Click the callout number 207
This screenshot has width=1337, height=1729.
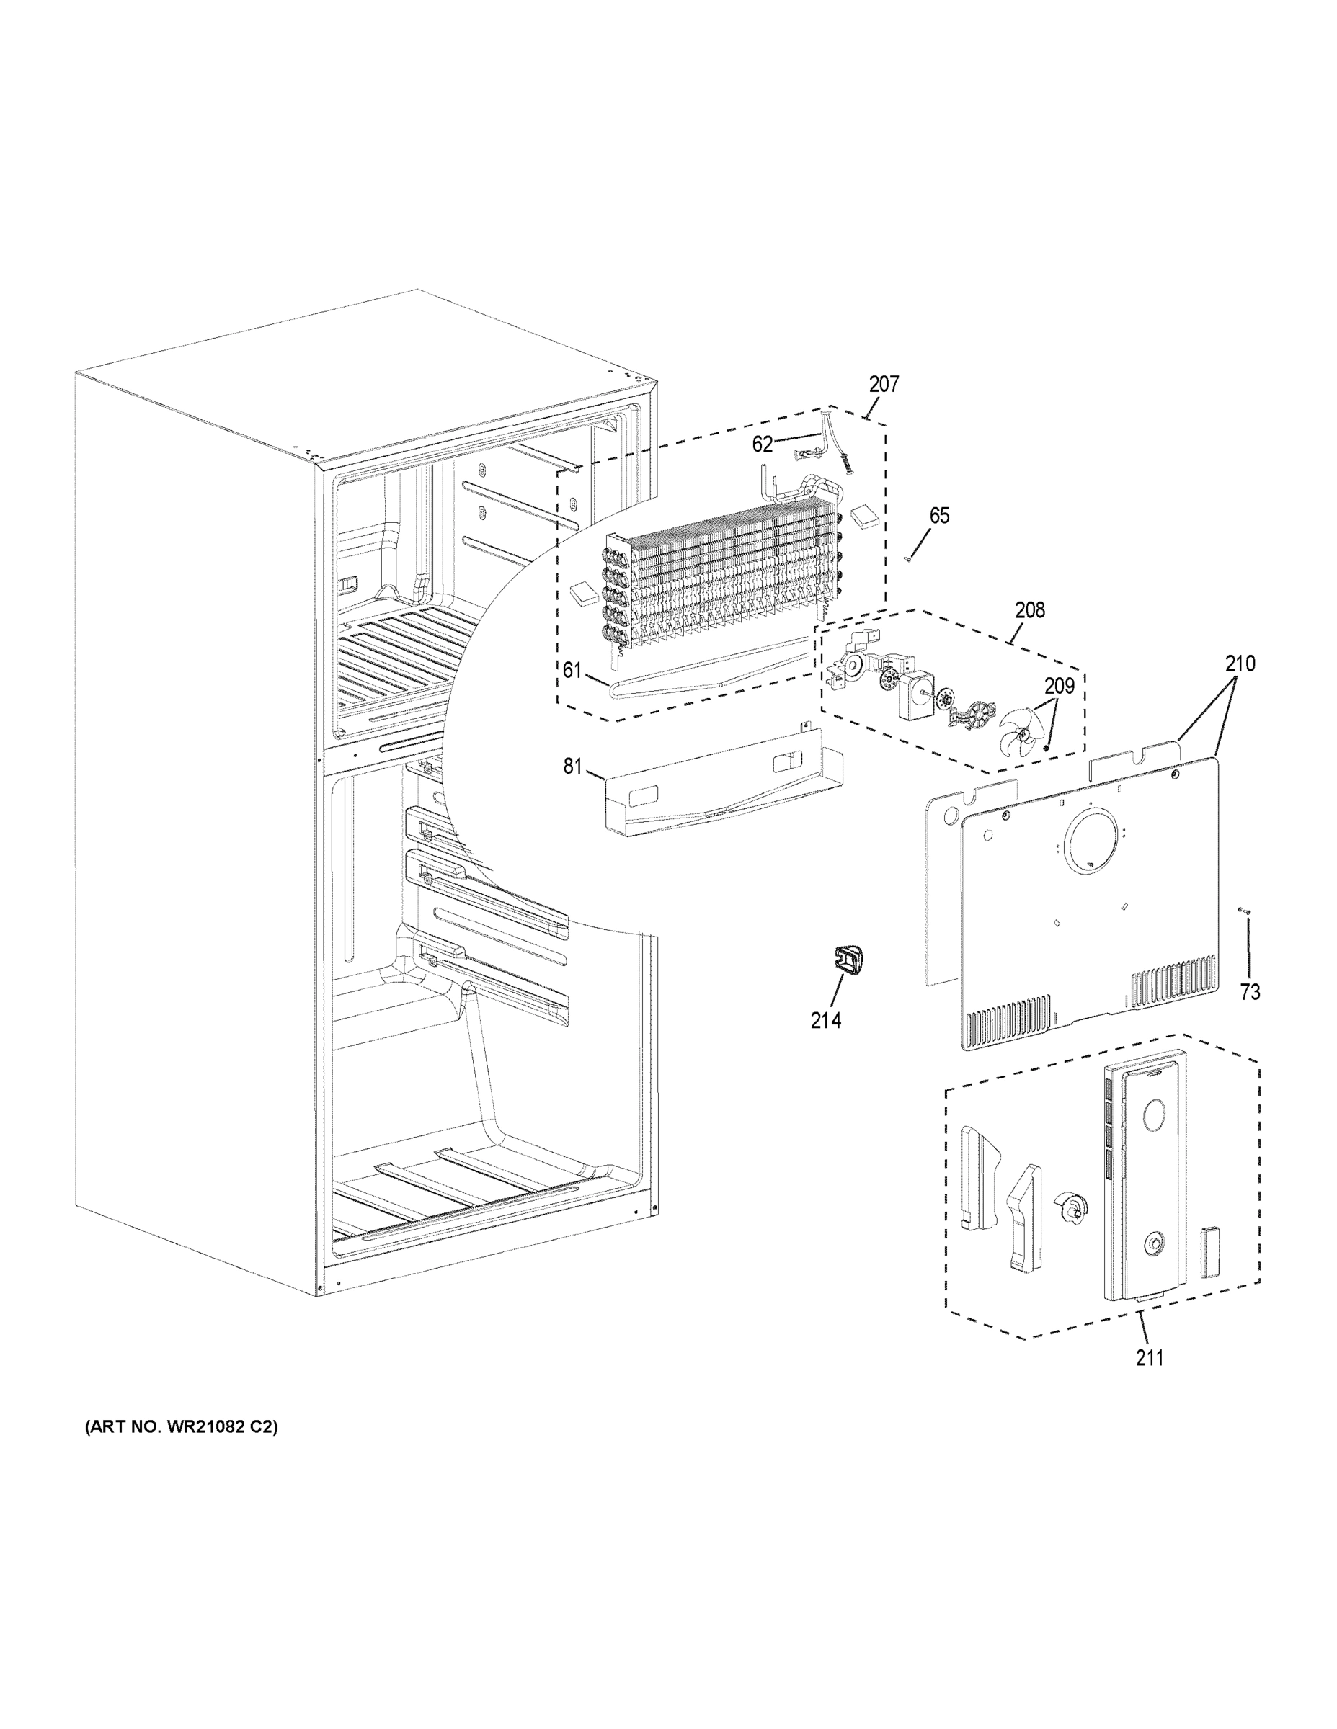[x=884, y=385]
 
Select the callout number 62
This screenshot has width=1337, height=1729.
[x=762, y=445]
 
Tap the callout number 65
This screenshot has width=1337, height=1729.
[x=938, y=516]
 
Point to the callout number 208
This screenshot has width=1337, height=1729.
[x=1030, y=610]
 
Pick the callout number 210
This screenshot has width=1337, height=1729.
[x=1240, y=664]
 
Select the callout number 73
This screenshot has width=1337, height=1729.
[x=1250, y=992]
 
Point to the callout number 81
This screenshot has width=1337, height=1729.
[x=573, y=767]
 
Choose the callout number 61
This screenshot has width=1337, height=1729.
[x=572, y=671]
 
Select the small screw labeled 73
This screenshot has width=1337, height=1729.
[x=1243, y=912]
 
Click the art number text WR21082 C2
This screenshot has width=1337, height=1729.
[x=182, y=1449]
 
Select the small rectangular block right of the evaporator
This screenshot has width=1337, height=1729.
[x=865, y=518]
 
